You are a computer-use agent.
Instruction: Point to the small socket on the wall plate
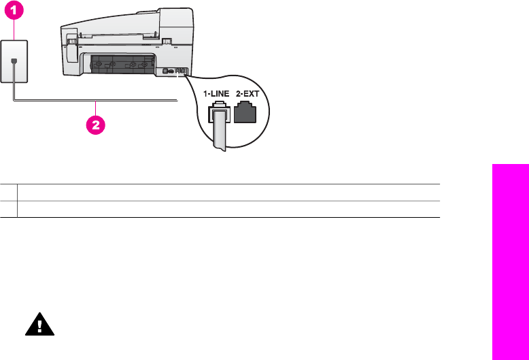point(14,61)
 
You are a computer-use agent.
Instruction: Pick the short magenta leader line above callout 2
point(96,110)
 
